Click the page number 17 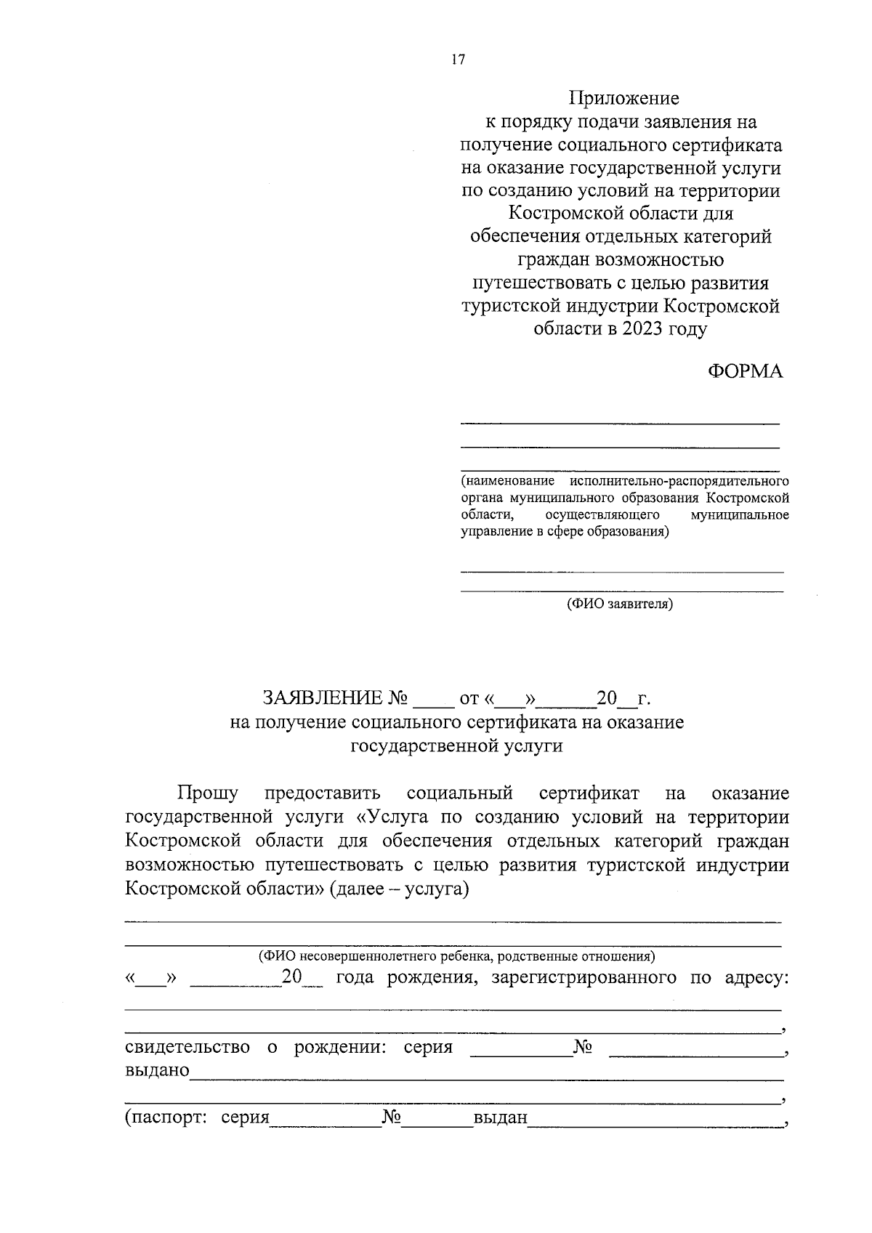[x=457, y=60]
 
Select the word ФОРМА [x=746, y=371]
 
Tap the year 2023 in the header [x=645, y=329]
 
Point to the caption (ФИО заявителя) [x=620, y=604]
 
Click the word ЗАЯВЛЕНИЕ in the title [x=323, y=699]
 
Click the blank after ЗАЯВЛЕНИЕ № [x=432, y=700]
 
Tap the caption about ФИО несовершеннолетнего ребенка [x=457, y=956]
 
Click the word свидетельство [x=187, y=1047]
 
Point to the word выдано [x=157, y=1070]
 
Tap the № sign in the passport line [x=392, y=1117]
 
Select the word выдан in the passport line [x=500, y=1117]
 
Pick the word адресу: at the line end [x=757, y=978]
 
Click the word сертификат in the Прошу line [x=589, y=793]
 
